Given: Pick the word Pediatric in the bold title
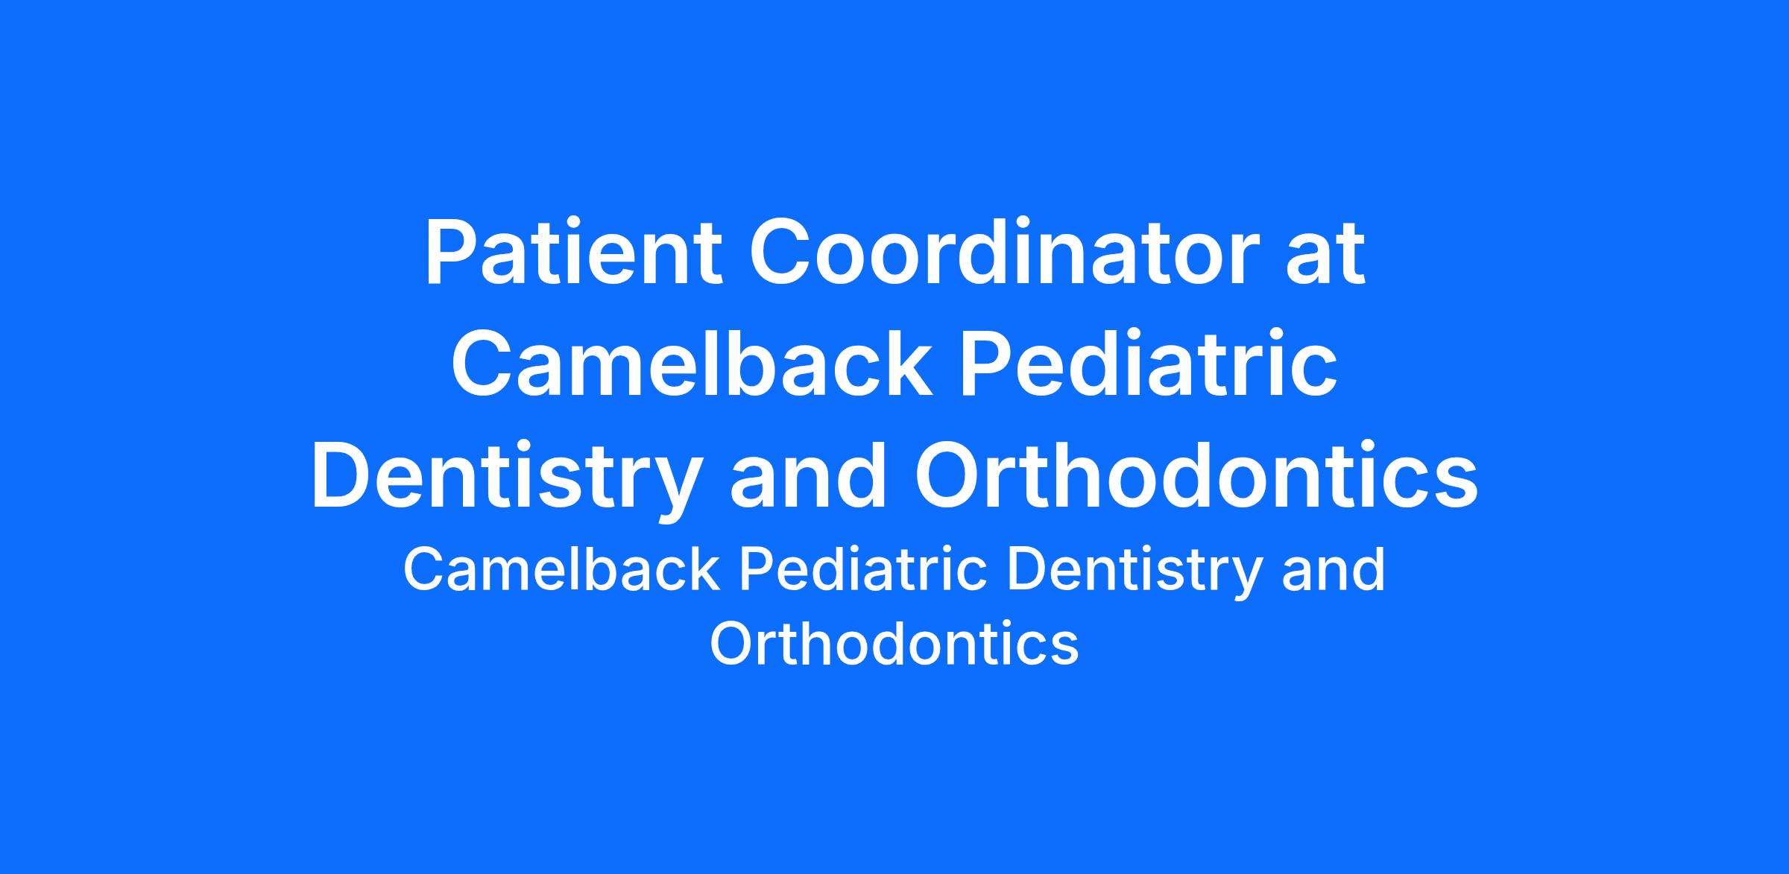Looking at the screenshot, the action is point(1149,364).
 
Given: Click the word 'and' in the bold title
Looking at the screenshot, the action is point(809,475).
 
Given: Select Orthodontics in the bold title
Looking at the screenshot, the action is point(1196,475).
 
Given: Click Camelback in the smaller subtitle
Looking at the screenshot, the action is point(562,570).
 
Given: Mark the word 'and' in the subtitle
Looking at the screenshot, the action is point(1333,570).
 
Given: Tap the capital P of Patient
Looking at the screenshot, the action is point(450,252).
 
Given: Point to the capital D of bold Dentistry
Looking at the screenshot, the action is point(341,475).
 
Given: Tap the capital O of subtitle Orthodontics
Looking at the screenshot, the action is point(733,643).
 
